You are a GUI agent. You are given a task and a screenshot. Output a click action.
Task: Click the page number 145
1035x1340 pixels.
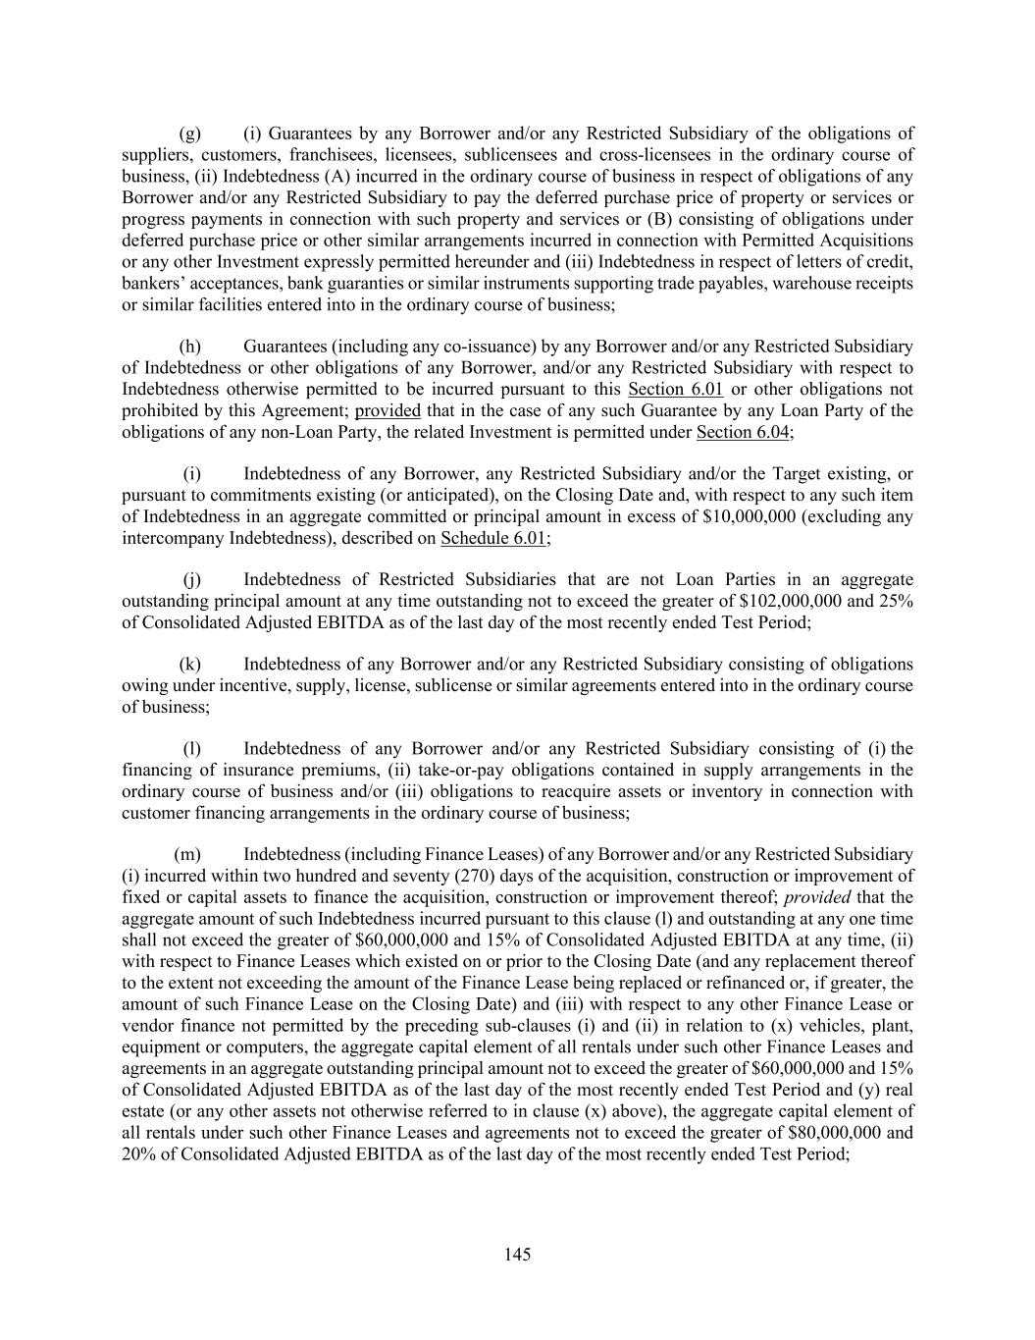(x=517, y=1254)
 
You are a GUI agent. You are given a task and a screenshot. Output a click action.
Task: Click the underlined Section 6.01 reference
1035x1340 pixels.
(x=675, y=390)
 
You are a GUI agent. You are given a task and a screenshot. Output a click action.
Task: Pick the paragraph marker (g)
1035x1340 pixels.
(x=190, y=134)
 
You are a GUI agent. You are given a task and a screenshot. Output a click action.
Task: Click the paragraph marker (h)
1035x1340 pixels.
(x=190, y=347)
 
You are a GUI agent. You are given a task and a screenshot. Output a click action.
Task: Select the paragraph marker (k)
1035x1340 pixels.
(x=190, y=665)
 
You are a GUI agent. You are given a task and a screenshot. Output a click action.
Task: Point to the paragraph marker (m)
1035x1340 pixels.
(x=187, y=855)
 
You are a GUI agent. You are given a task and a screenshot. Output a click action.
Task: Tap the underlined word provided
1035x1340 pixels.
(x=388, y=411)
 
